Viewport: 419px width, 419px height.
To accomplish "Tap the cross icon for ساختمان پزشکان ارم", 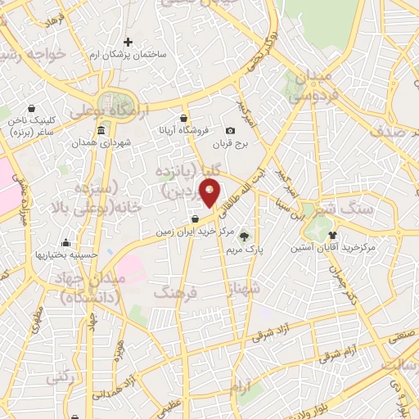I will point(128,42).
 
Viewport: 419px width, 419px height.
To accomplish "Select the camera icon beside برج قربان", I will point(230,130).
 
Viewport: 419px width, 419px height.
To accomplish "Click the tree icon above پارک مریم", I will point(244,237).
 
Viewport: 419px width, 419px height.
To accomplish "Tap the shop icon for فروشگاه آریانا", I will point(185,118).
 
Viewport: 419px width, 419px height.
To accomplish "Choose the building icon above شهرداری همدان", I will point(101,132).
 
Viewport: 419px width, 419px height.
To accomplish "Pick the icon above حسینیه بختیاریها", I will point(65,242).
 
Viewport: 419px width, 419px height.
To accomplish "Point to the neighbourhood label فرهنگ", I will point(173,291).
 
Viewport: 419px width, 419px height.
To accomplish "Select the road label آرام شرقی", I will point(340,353).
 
